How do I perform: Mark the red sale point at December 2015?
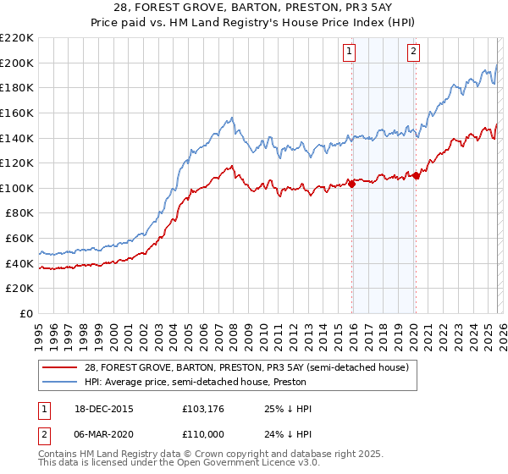351,185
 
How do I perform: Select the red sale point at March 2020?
415,176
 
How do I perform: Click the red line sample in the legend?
59,367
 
